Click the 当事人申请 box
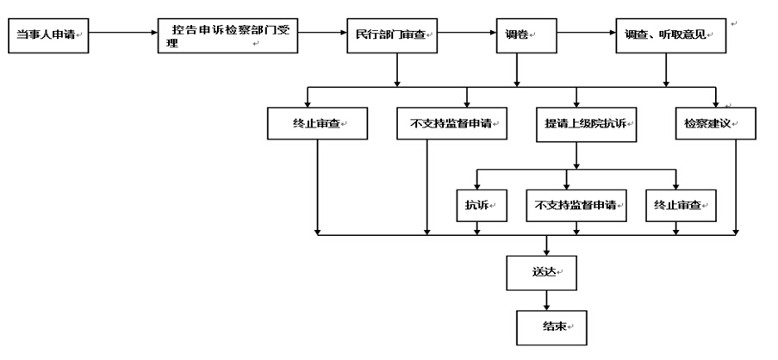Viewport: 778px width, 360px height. click(x=48, y=35)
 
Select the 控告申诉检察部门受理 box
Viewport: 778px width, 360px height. click(x=227, y=35)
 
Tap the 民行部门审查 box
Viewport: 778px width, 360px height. click(x=392, y=35)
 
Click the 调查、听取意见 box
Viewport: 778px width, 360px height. click(x=671, y=35)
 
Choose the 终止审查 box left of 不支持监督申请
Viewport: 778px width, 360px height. click(x=318, y=123)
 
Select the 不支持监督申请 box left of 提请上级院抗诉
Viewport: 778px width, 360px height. click(x=452, y=123)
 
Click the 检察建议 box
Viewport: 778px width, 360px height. click(x=716, y=123)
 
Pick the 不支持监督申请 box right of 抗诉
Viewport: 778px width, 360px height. click(x=576, y=205)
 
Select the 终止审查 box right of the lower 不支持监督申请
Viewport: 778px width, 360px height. click(x=681, y=205)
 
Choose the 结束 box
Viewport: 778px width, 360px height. click(x=551, y=328)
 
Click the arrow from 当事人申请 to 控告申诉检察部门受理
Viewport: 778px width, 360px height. click(x=123, y=33)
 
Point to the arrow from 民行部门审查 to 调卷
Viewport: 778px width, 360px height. click(x=467, y=33)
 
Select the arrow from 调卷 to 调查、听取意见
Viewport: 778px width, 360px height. click(x=586, y=33)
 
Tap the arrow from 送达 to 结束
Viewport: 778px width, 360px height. click(x=546, y=301)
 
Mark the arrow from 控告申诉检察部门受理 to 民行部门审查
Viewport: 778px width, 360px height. click(x=322, y=33)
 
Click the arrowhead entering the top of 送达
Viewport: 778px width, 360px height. click(x=546, y=251)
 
